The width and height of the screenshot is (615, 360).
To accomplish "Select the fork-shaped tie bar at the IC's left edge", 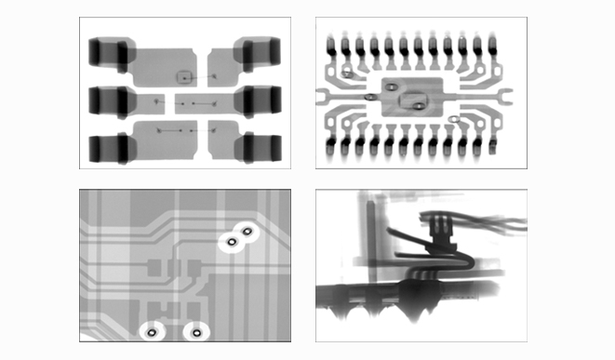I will pos(327,92).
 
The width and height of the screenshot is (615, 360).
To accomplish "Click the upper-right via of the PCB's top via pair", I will pos(247,231).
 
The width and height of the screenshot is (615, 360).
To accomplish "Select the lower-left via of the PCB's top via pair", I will pos(230,243).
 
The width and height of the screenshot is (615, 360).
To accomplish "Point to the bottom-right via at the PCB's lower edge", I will pos(195,330).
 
